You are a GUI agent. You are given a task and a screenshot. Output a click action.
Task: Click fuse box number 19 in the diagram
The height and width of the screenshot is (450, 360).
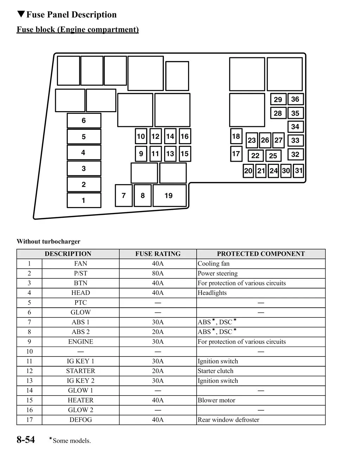coord(169,195)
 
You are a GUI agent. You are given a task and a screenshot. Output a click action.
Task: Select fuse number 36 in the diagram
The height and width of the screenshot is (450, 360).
coord(295,99)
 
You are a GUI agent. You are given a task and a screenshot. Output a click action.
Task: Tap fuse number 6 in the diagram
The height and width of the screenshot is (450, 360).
coord(84,121)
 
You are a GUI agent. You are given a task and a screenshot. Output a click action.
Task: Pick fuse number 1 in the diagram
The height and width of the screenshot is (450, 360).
coord(84,200)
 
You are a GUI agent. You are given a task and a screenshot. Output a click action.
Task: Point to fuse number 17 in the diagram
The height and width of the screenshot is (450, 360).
coord(236,154)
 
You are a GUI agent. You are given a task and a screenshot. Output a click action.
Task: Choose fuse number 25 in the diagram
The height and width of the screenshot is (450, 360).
coord(273,155)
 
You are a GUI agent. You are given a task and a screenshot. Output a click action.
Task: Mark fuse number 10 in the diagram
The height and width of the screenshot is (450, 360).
coord(141,136)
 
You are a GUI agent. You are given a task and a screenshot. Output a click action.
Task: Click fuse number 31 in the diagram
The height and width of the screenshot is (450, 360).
coord(298,171)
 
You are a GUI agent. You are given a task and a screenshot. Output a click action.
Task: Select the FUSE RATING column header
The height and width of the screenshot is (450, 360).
coord(158,254)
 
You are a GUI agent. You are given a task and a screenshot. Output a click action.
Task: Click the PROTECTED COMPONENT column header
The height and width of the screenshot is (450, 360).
coord(261,254)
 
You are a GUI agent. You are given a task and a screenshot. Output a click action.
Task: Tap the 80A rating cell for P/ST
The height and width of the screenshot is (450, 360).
coord(158,274)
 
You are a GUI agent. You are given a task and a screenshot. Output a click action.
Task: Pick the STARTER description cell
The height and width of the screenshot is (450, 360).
coord(81,371)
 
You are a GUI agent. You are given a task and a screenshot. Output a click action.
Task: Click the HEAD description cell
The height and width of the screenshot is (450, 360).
coord(81,293)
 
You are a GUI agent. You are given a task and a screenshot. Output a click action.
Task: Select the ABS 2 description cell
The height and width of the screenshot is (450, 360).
coord(81,332)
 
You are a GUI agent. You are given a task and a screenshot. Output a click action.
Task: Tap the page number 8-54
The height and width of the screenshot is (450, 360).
coord(26,439)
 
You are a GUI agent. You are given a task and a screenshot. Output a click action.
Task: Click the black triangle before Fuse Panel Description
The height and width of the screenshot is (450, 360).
coord(21,14)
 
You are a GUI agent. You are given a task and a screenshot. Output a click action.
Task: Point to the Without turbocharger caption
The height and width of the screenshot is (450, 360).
coord(49,242)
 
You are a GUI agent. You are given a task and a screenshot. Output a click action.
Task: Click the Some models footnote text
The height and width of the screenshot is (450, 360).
coord(71,441)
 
